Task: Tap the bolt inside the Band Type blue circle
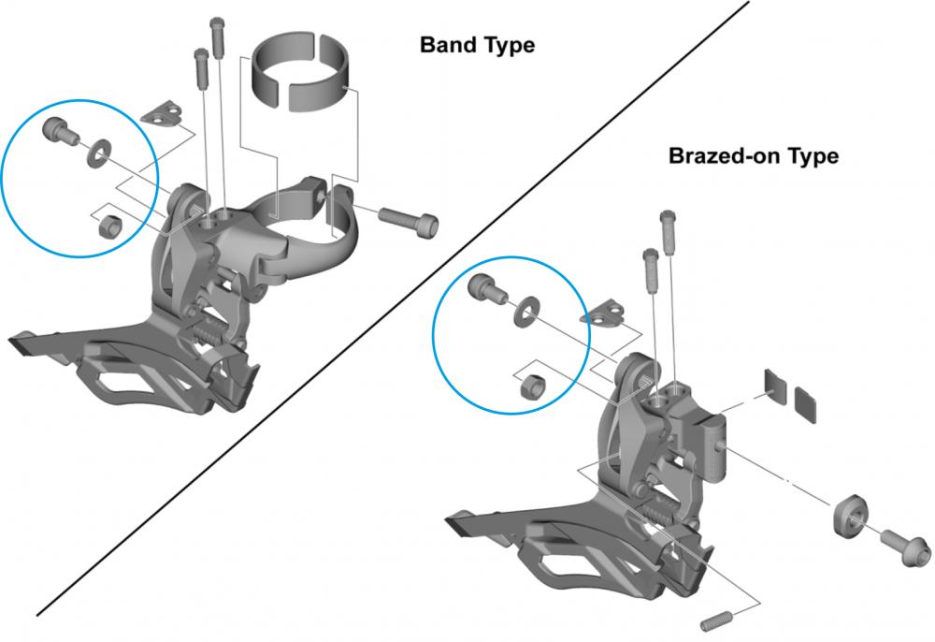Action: [59, 131]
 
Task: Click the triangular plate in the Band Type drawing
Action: [162, 112]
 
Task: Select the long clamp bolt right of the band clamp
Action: [409, 221]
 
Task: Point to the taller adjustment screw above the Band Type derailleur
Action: [217, 37]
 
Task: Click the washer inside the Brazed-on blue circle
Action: [526, 312]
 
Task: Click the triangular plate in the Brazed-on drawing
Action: [602, 312]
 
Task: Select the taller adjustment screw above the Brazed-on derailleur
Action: [668, 232]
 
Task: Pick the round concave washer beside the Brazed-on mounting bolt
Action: [850, 515]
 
